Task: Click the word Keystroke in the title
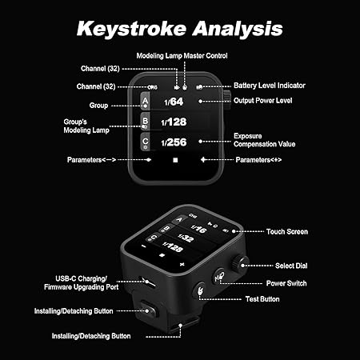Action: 131,29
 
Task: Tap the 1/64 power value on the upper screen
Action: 174,102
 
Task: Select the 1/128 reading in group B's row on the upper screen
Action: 174,122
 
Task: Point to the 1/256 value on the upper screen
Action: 174,142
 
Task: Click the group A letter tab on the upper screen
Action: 145,102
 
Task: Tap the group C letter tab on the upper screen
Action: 145,142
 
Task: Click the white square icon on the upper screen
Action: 175,160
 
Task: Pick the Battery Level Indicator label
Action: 270,86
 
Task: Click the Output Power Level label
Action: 262,101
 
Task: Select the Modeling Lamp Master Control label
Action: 182,56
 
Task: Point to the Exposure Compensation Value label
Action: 264,140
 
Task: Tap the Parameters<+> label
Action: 258,160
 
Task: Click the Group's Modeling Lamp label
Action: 86,126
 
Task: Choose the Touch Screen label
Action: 287,232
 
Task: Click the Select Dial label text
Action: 291,266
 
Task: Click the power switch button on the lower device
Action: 219,277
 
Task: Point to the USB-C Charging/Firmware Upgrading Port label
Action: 82,283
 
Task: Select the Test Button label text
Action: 262,299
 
